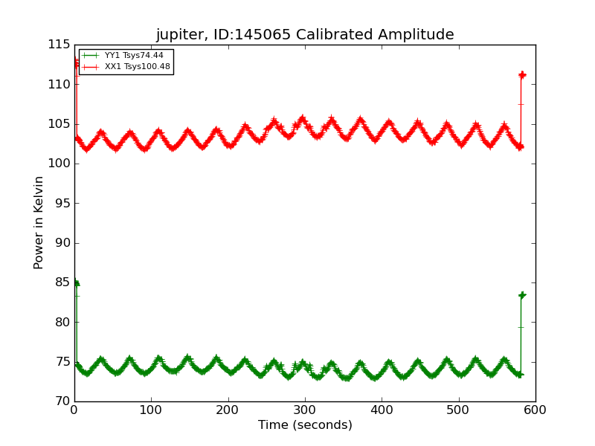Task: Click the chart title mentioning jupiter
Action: click(x=305, y=35)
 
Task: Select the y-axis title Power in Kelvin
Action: click(x=39, y=223)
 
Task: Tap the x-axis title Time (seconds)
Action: click(x=305, y=425)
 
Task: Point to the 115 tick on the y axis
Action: click(x=59, y=45)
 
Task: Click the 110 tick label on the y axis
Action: click(x=59, y=85)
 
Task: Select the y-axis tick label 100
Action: click(x=59, y=164)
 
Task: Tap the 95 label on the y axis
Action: click(x=62, y=204)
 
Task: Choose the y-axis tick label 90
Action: click(x=62, y=243)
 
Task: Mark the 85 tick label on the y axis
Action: click(x=62, y=282)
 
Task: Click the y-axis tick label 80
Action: click(x=62, y=323)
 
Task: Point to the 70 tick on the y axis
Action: click(x=62, y=401)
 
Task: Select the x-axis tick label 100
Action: click(x=151, y=410)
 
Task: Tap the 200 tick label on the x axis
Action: click(x=228, y=410)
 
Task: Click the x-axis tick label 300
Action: click(x=305, y=410)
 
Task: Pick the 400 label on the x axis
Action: click(x=382, y=410)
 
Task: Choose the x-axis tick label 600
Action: click(x=535, y=410)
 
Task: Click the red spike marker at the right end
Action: click(x=522, y=75)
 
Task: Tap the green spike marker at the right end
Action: click(x=522, y=295)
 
